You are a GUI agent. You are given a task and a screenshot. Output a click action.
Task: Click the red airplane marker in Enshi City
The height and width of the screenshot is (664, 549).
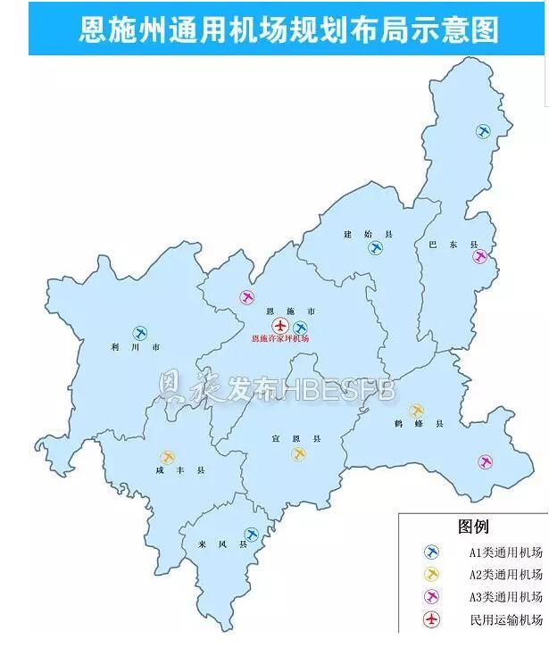[280, 325]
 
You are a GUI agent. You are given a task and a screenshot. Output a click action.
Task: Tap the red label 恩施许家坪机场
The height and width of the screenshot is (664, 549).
[280, 339]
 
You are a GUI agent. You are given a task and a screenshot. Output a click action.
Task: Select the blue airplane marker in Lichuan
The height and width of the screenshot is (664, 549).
[140, 333]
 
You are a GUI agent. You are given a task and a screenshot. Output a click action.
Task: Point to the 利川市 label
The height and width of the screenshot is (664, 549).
[130, 347]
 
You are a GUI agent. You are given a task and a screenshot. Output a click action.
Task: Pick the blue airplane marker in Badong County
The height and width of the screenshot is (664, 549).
[483, 132]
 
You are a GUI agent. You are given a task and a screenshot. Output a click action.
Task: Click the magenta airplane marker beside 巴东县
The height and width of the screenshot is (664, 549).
[480, 257]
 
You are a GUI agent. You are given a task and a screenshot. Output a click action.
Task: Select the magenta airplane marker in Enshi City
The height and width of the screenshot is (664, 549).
[247, 297]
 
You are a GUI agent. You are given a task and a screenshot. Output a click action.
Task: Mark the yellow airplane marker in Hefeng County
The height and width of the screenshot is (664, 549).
[416, 411]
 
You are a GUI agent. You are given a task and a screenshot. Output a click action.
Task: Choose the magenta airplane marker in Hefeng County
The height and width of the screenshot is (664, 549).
[485, 461]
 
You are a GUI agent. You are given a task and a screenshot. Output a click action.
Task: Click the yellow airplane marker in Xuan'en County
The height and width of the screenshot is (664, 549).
[298, 454]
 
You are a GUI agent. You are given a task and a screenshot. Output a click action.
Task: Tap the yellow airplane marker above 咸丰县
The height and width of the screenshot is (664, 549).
[167, 458]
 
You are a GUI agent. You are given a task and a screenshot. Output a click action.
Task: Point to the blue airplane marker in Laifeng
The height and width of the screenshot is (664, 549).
[252, 534]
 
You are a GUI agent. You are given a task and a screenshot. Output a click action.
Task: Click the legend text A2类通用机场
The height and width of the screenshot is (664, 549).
[506, 574]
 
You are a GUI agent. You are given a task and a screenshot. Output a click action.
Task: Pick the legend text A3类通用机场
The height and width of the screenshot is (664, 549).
[506, 596]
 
